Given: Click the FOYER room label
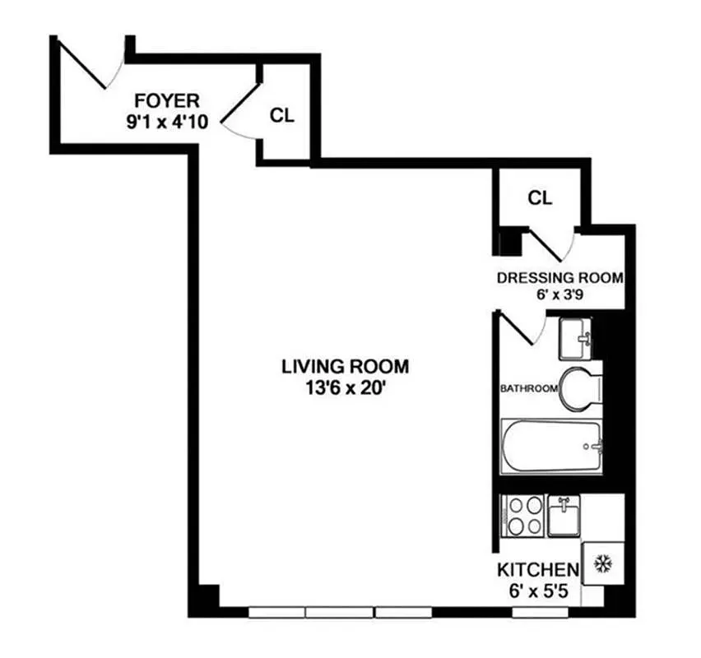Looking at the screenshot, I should click(x=167, y=101).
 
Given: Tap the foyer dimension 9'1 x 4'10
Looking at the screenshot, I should click(x=167, y=121).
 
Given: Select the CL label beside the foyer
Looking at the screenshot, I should click(x=282, y=115).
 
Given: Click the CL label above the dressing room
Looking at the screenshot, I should click(x=540, y=197).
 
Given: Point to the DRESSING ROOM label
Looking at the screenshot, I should click(x=559, y=277).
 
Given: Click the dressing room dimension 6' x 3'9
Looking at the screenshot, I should click(x=559, y=294).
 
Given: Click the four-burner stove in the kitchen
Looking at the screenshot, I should click(x=522, y=516).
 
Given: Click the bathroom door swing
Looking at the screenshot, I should click(x=520, y=329).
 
